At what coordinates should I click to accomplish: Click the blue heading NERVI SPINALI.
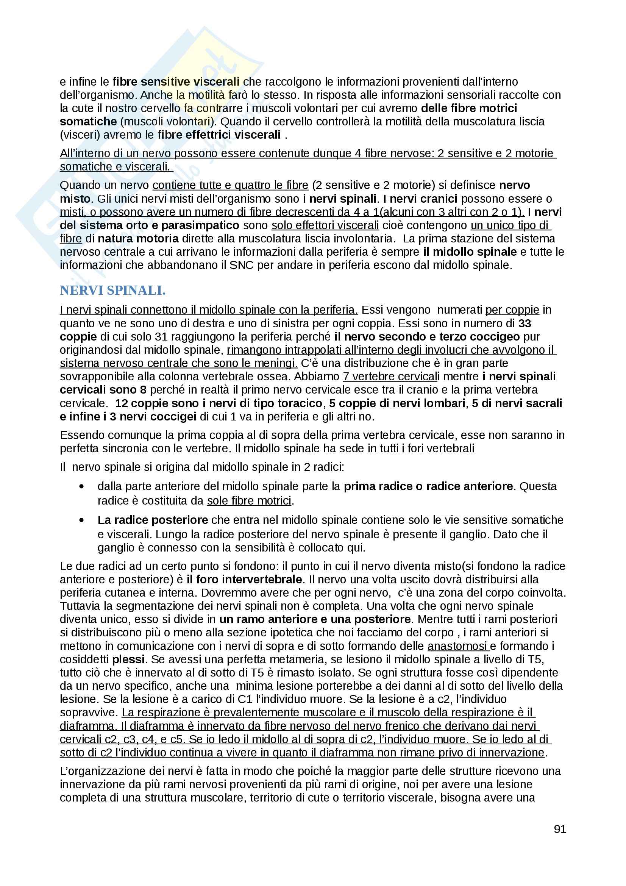tap(112, 291)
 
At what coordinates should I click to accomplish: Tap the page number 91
tap(560, 829)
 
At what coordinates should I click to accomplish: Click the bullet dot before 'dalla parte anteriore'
tap(81, 487)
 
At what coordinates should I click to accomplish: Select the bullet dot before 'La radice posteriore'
tap(81, 520)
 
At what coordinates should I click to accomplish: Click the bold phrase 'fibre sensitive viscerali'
tap(176, 82)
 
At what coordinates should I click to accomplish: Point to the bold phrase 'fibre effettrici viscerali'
tap(219, 135)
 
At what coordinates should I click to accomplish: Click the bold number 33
tap(525, 323)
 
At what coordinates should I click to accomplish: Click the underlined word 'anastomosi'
tap(457, 646)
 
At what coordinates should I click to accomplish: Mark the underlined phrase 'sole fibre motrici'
tap(249, 500)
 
